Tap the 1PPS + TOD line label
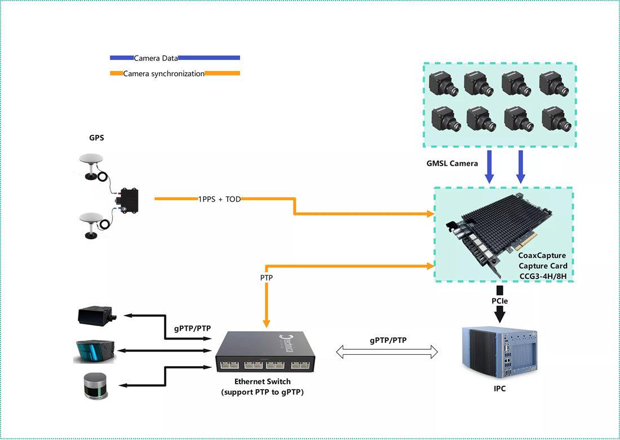click(x=219, y=199)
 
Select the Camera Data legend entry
click(x=156, y=58)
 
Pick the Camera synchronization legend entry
click(x=163, y=73)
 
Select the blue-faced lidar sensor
click(x=94, y=351)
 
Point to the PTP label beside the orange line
click(x=268, y=278)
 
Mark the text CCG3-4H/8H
click(x=543, y=276)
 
